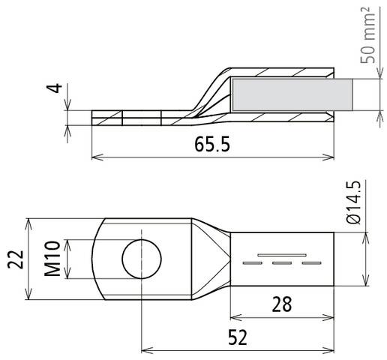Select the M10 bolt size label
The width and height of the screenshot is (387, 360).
[x=52, y=259]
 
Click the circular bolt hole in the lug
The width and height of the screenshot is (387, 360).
[x=141, y=259]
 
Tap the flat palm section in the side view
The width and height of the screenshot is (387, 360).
[x=135, y=118]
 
